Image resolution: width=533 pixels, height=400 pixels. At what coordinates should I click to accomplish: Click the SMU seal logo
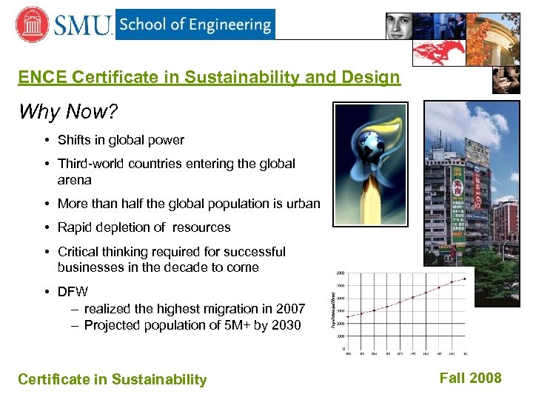[32, 24]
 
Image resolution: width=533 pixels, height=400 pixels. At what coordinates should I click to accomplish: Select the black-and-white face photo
[408, 26]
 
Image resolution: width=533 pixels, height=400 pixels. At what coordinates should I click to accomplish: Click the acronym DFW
[73, 292]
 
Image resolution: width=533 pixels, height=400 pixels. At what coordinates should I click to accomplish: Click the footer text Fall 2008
[470, 378]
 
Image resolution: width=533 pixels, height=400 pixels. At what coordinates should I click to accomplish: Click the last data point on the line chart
[465, 279]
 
